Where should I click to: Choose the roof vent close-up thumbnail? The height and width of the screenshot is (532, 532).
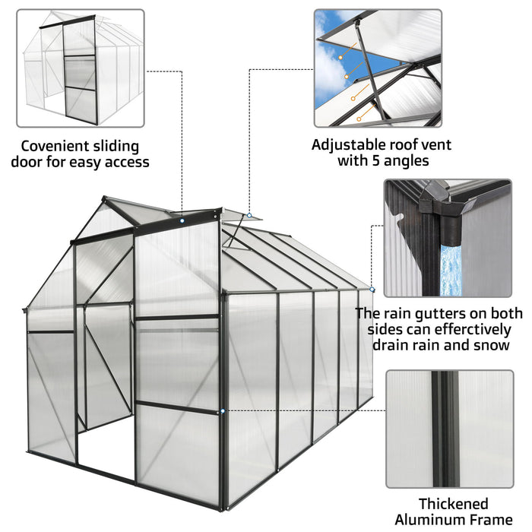[x=378, y=68]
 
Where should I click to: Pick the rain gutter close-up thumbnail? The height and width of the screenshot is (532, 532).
[x=447, y=238]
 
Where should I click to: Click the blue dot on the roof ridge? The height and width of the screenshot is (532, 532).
[x=183, y=221]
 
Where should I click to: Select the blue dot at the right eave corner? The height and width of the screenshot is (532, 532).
[x=372, y=289]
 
